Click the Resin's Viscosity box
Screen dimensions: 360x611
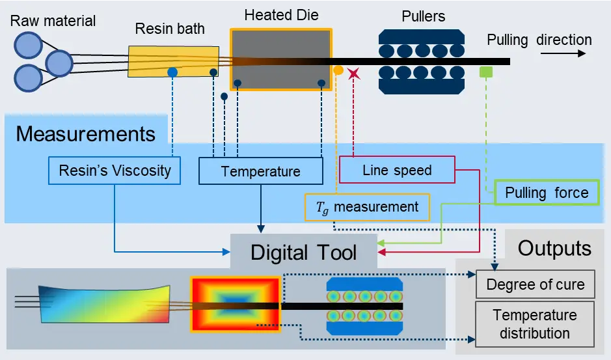115,171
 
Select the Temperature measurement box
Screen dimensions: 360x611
260,172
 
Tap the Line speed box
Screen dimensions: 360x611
397,171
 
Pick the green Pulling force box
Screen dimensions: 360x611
547,193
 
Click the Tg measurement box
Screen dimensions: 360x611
368,208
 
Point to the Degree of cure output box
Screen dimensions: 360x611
535,284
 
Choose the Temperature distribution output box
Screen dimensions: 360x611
535,324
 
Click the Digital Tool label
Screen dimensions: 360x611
303,252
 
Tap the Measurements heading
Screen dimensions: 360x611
86,134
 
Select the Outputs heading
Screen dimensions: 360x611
554,248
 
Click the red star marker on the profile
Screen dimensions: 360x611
354,74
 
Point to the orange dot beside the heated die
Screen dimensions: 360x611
338,70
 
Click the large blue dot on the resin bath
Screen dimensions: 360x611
172,72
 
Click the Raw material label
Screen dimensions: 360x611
53,21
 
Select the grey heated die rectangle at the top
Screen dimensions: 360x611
281,59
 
